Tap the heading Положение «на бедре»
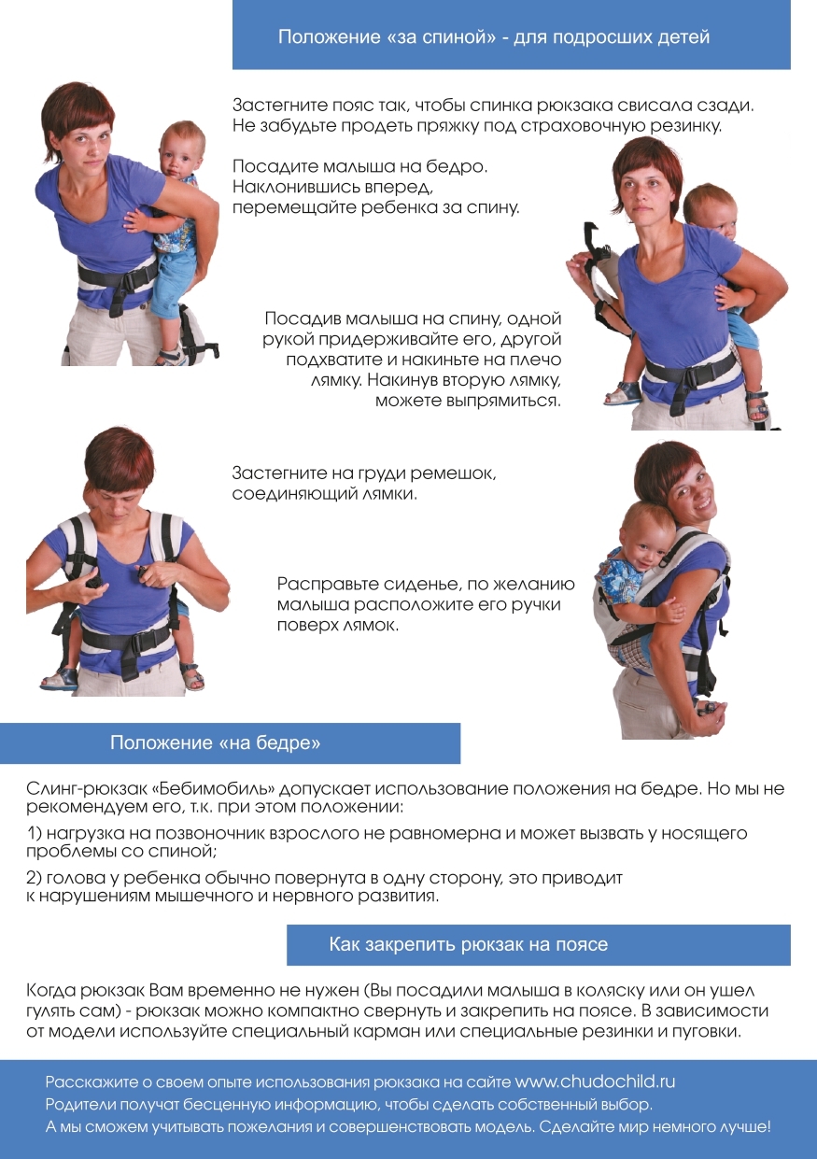pos(216,743)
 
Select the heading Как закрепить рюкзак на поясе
pos(469,944)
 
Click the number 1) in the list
pos(34,833)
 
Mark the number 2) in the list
pos(35,878)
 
